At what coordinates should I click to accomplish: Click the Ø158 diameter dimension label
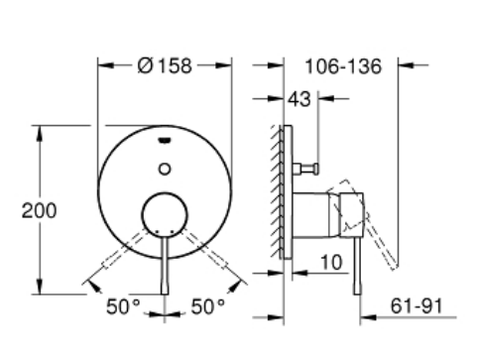(165, 65)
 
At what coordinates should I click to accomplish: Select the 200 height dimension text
(40, 210)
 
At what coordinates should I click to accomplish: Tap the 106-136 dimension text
(343, 66)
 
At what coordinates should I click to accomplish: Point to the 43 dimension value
(300, 99)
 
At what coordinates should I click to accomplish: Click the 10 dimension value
(331, 263)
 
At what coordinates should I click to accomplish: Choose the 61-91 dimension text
(417, 305)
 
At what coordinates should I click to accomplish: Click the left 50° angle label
(123, 306)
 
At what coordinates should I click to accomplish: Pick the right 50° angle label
(208, 306)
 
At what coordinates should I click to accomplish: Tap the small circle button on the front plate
(165, 169)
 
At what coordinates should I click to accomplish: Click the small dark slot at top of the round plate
(165, 141)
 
